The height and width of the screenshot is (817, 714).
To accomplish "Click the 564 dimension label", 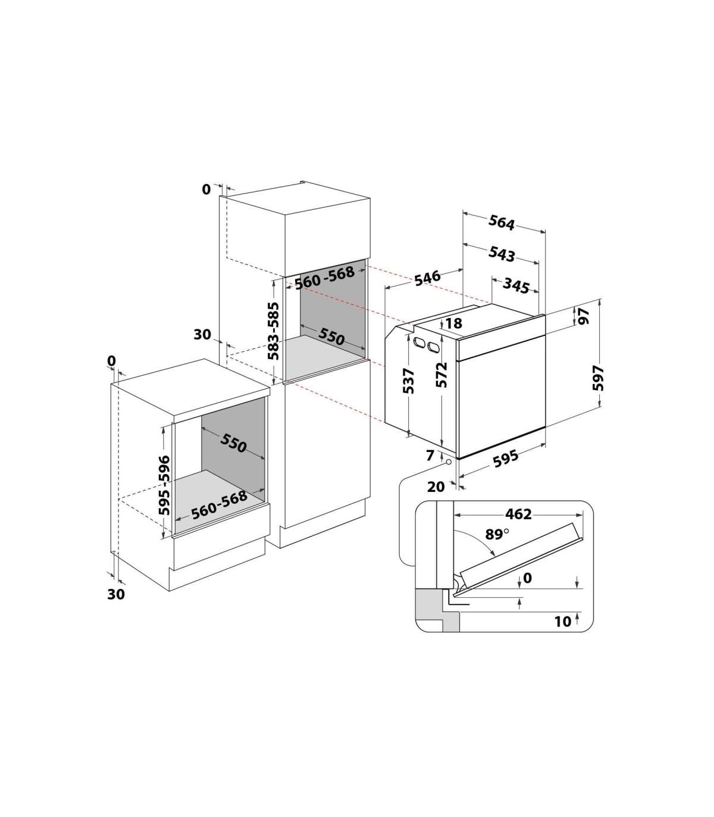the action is [502, 223].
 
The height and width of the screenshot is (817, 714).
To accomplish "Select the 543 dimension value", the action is [502, 254].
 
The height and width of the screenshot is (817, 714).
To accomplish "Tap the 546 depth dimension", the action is [427, 278].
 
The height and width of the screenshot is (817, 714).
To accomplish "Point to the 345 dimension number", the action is [516, 285].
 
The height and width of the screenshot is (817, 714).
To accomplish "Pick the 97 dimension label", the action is [584, 316].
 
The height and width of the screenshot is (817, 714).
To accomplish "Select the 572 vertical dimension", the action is [441, 375].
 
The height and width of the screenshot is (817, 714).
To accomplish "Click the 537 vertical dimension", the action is [408, 381].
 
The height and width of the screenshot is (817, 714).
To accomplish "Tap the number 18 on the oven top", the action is [453, 323].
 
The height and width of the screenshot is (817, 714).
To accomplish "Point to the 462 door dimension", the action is [518, 514].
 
